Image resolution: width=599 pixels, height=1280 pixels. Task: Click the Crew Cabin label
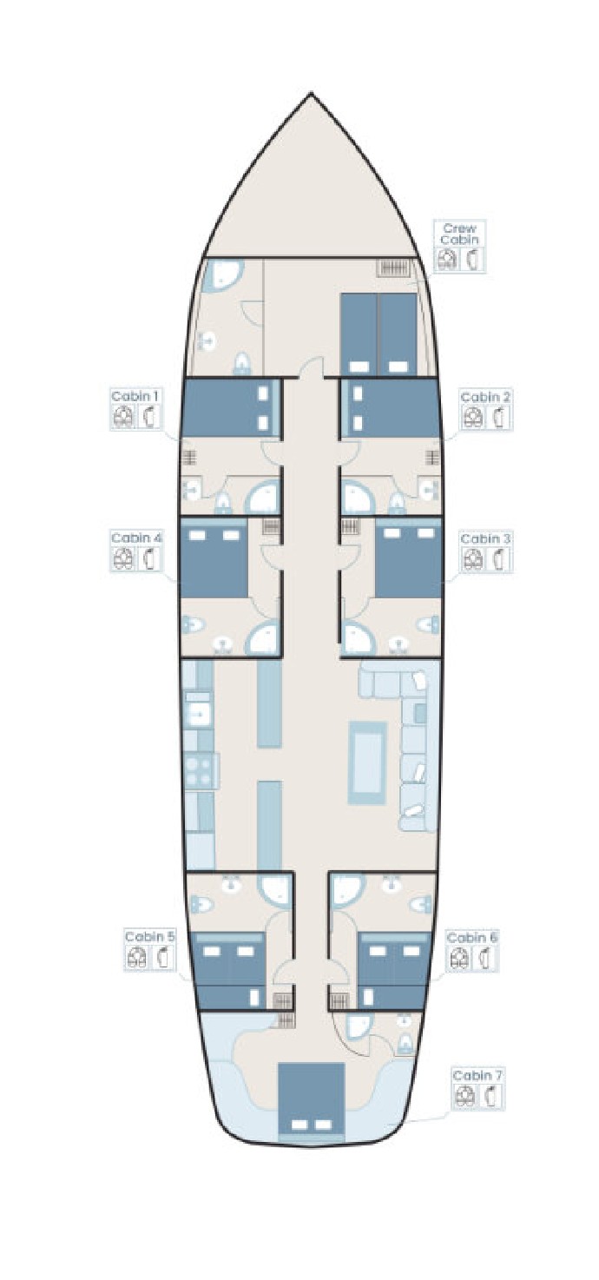(459, 234)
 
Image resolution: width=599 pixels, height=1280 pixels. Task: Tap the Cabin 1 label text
(135, 395)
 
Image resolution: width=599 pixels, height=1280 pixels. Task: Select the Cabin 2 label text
(484, 396)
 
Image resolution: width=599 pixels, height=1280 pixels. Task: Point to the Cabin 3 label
(484, 538)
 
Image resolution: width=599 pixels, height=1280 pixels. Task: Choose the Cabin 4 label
(136, 538)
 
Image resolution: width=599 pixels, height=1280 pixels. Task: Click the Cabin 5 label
(150, 937)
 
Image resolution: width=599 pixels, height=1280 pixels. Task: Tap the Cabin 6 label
(471, 937)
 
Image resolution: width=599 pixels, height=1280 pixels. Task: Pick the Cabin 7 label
(477, 1075)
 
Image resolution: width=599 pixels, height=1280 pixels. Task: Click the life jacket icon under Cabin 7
(465, 1096)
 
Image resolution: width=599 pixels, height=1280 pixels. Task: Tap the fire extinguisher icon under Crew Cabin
(471, 258)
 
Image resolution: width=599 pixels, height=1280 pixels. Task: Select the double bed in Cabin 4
(214, 558)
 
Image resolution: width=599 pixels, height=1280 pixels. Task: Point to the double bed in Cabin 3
(408, 558)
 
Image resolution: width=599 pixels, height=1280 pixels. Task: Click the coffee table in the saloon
(367, 762)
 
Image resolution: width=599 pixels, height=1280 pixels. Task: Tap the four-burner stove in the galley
(201, 770)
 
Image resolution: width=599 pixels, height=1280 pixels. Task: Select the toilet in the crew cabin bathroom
(241, 364)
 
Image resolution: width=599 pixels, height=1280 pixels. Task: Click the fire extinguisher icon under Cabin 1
(149, 417)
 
